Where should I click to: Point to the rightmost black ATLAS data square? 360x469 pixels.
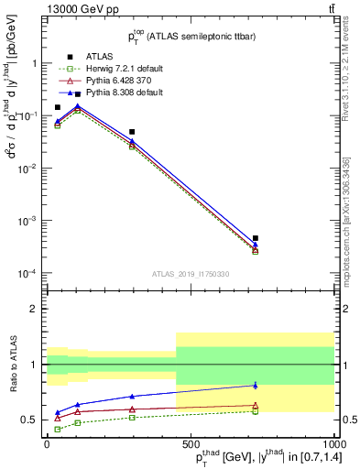pos(256,238)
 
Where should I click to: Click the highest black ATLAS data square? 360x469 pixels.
pos(78,94)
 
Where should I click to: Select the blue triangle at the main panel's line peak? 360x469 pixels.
pos(78,105)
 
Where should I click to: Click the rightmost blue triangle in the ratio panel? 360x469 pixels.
pos(256,386)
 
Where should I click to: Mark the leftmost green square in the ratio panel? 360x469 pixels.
pos(58,429)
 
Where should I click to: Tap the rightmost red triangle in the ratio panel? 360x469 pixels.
pos(256,405)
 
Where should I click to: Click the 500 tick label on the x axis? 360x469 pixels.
pos(189,443)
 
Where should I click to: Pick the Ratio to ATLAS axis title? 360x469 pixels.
pos(11,366)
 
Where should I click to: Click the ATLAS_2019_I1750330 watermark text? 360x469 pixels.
pos(191,273)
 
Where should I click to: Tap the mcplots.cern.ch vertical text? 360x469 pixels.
pos(346,220)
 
